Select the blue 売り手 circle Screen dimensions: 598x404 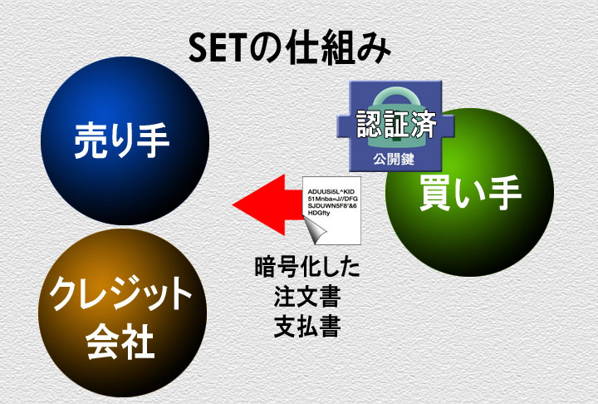[125, 140]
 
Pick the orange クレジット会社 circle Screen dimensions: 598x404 [122, 313]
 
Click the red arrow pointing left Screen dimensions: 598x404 [267, 204]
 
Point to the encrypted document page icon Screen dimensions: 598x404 [331, 210]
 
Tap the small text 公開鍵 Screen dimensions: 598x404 [394, 159]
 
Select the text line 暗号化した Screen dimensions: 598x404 [307, 268]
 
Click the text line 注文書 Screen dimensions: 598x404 [307, 296]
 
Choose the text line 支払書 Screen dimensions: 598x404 [307, 326]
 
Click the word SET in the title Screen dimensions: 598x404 [215, 49]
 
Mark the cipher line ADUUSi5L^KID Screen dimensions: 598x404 [331, 191]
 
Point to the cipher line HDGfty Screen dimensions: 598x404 [319, 213]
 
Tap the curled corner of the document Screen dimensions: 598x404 [316, 232]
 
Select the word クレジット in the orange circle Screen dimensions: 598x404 [120, 294]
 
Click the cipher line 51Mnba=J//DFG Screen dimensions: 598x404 [332, 199]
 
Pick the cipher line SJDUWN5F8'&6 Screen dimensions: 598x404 [332, 206]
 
